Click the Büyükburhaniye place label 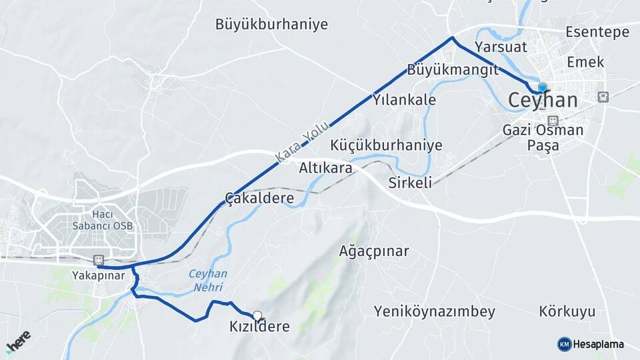(x=271, y=25)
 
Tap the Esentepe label (x=597, y=32)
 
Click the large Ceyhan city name (x=543, y=101)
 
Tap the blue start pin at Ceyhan (x=543, y=88)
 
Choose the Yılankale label (x=404, y=100)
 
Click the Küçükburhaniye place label (x=386, y=145)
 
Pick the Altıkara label (x=325, y=168)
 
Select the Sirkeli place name (x=411, y=182)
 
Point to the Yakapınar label (x=98, y=275)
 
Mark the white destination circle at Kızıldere (x=257, y=316)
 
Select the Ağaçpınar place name (x=373, y=251)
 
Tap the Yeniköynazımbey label (x=434, y=311)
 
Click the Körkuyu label (x=567, y=311)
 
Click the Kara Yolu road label (x=303, y=141)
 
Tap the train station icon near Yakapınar (x=99, y=259)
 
